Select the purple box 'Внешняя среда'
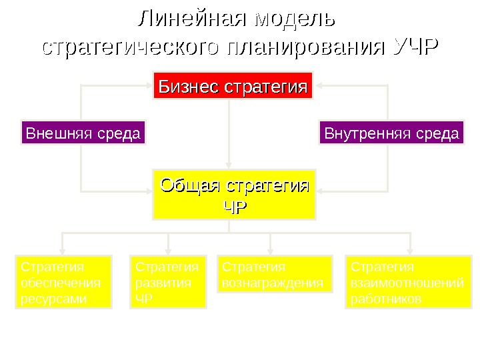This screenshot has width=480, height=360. point(83,133)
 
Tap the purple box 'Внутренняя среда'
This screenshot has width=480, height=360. point(392,133)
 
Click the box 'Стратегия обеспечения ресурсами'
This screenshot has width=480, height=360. point(63,283)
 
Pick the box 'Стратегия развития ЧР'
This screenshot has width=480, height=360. point(168,283)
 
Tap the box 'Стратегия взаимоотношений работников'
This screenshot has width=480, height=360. point(407,283)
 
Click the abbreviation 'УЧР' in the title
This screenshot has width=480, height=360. point(416,48)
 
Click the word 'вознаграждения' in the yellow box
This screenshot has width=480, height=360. point(273,283)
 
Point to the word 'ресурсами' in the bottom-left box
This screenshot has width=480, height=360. point(54,299)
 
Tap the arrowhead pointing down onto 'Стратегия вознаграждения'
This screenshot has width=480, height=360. point(270,250)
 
